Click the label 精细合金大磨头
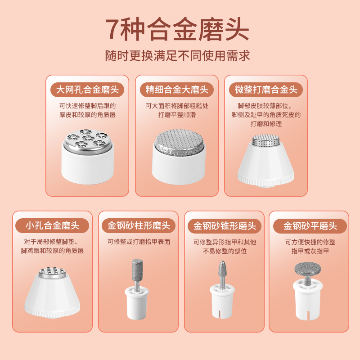pyautogui.click(x=177, y=90)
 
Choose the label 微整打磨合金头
pyautogui.click(x=266, y=90)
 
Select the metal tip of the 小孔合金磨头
pyautogui.click(x=52, y=271)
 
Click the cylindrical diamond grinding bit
pyautogui.click(x=136, y=270)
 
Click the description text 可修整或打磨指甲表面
pyautogui.click(x=139, y=242)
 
